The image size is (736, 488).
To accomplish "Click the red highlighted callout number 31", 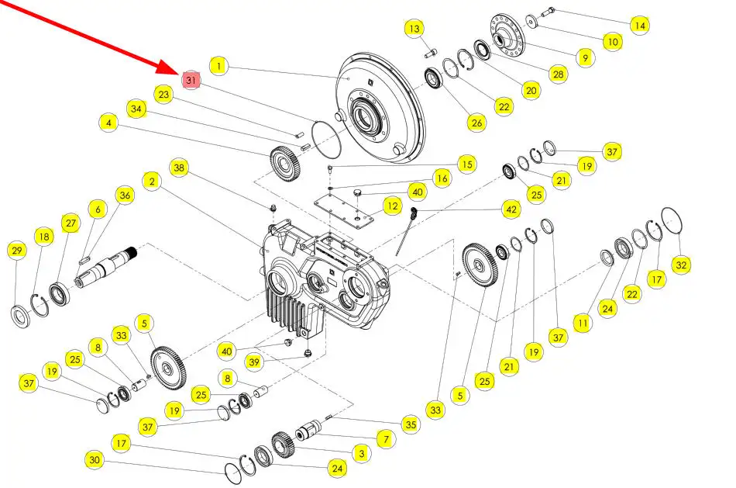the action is point(191,81).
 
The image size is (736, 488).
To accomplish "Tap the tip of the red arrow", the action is point(179,74).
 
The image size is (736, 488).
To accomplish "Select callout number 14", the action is point(640,25).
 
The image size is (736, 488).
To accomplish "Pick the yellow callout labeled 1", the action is point(218,66).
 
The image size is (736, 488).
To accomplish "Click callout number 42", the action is point(511,209).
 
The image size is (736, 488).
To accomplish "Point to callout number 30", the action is point(95,459).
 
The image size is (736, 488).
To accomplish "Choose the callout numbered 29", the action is point(17,250).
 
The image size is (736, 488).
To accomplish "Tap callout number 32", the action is point(681,265).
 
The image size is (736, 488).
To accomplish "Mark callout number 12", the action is point(393,206).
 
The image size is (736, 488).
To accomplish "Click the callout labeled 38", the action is point(179,168).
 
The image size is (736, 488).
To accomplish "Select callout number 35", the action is point(411,424).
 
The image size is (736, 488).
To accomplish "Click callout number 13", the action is point(414,29).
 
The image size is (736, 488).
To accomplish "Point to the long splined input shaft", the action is point(106,267).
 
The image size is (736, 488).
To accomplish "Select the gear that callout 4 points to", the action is point(285,164).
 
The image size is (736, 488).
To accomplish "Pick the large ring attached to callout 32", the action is point(672,220).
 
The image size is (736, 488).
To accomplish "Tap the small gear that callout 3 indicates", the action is point(283,445).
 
